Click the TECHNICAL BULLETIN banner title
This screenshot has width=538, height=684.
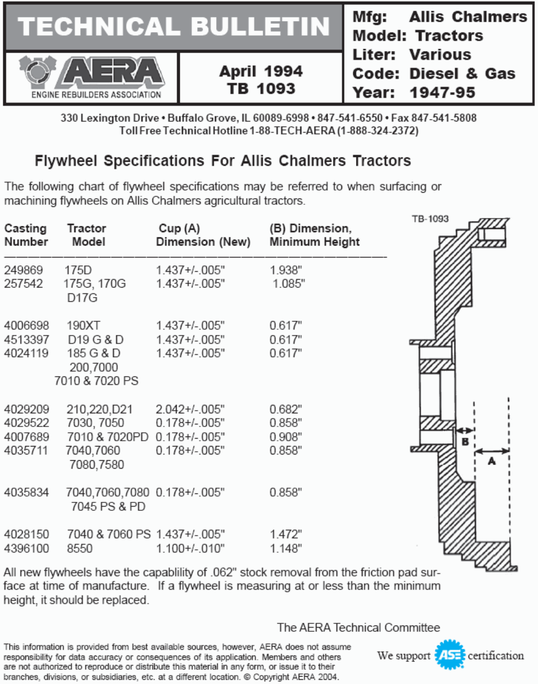coord(173,27)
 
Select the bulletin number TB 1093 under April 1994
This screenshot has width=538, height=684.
coord(261,88)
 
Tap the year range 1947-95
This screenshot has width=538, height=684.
coord(442,93)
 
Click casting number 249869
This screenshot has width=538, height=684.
coord(24,270)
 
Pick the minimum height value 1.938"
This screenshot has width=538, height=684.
coord(286,270)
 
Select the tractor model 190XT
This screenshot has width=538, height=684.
coord(83,325)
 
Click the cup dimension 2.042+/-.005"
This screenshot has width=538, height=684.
coord(190,409)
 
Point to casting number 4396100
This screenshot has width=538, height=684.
coord(26,548)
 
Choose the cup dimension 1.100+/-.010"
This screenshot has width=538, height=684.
coord(190,548)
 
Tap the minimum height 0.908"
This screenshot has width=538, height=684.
coord(286,437)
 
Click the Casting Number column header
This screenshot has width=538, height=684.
coord(26,235)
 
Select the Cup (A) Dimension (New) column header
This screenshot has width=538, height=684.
coord(203,235)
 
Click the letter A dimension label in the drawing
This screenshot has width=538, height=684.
coord(492,461)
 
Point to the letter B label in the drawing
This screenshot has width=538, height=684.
coord(465,442)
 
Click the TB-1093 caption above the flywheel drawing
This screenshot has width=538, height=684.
coord(430,219)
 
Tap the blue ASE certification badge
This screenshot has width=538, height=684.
coord(450,655)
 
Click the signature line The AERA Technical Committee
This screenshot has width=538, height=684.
coord(358,627)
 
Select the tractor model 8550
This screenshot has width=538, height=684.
coord(79,548)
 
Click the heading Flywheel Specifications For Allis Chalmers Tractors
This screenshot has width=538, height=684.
coord(222,161)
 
